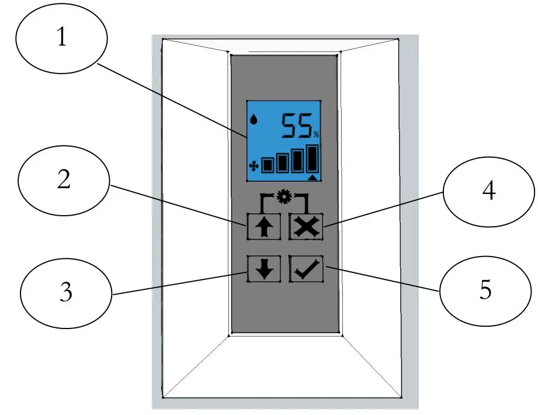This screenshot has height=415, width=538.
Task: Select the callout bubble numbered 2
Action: pos(64,181)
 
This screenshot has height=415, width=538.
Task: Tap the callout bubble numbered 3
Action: pos(65,290)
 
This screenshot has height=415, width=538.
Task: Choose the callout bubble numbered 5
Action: pos(485,290)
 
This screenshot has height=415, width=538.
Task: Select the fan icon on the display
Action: pos(253,165)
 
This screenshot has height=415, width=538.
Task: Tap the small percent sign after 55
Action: pos(316,135)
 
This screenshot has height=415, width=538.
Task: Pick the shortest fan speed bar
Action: pos(268,165)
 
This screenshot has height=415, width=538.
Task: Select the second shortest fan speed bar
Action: pos(283,162)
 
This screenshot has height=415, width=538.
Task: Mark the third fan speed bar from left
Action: pos(297,161)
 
